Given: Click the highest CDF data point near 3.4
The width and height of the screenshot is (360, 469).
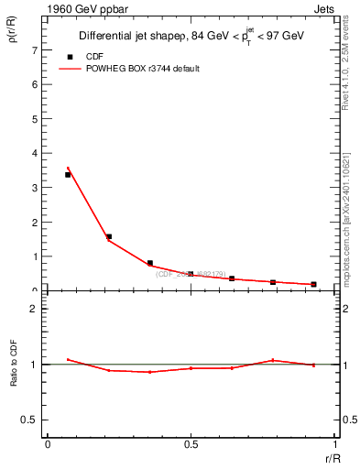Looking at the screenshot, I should (68, 174).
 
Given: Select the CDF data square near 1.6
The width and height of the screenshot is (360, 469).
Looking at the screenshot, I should (109, 236).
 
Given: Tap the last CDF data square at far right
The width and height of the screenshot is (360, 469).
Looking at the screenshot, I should (313, 284).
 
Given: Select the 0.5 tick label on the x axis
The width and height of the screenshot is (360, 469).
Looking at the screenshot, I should (191, 444).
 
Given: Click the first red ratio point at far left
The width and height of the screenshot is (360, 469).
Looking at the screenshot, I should (68, 359).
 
